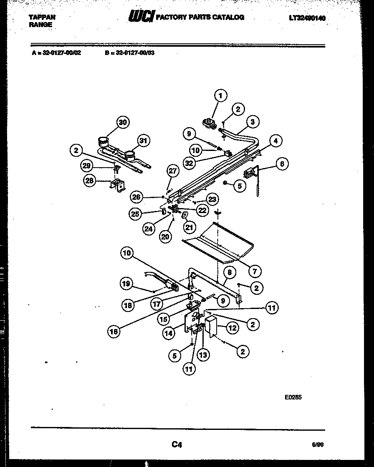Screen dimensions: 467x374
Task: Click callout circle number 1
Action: tap(221, 95)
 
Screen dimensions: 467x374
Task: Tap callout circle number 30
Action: tap(122, 122)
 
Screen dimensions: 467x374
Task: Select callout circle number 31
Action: tap(143, 141)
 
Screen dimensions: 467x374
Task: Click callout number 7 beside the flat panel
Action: tap(254, 271)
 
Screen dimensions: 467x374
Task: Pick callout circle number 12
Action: tap(232, 328)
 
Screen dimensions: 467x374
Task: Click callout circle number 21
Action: tap(190, 227)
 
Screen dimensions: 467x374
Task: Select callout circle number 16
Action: tap(114, 332)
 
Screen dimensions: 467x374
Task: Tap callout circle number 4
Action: tap(275, 141)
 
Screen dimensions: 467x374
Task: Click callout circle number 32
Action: tap(190, 163)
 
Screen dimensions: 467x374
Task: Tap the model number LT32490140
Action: tap(307, 18)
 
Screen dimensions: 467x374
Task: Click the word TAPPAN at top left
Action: tap(42, 18)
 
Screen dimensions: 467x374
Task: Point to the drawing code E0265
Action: tap(293, 397)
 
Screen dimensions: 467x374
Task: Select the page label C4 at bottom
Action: tap(177, 444)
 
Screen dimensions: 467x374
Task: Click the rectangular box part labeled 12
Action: tap(211, 326)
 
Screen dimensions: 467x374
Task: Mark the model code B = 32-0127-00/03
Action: tap(130, 53)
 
